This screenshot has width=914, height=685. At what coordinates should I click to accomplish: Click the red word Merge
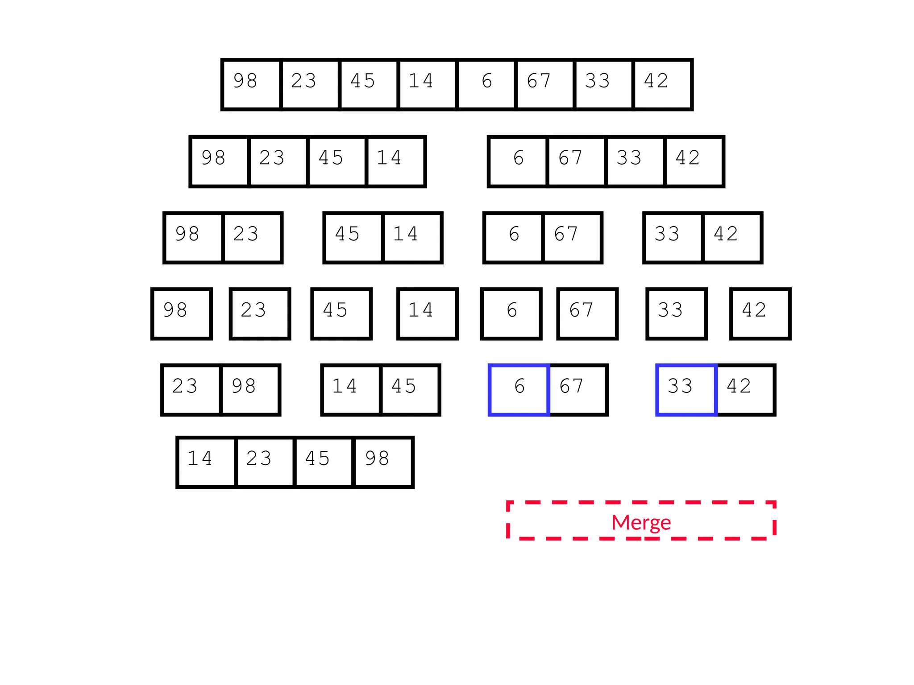tap(641, 522)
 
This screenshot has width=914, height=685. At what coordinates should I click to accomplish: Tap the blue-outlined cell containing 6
tap(519, 390)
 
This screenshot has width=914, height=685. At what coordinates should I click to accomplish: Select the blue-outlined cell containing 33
tap(686, 390)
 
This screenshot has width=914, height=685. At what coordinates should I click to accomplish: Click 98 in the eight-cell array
tap(251, 84)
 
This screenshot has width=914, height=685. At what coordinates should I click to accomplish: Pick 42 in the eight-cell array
tap(663, 84)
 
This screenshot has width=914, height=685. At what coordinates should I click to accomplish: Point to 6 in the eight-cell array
tap(486, 84)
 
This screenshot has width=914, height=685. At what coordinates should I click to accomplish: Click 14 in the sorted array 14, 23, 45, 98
tap(206, 462)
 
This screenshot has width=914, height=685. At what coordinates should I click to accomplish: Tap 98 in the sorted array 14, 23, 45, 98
tap(383, 462)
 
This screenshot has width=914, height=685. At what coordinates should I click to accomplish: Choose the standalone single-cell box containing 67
tap(587, 314)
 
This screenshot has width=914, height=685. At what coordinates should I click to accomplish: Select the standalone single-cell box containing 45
tap(341, 314)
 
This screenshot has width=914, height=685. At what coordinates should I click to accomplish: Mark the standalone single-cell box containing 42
tap(760, 314)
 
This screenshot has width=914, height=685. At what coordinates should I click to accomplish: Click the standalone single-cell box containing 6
tap(511, 314)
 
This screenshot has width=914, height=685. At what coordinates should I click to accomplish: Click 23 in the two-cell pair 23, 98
tap(191, 390)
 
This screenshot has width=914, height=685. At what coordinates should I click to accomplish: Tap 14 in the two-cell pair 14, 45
tap(351, 390)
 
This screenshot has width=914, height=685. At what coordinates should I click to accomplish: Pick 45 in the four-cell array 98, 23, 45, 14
tap(337, 161)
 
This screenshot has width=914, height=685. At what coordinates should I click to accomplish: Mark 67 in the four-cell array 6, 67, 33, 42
tap(576, 161)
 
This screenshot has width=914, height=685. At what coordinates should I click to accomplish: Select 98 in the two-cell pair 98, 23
tap(193, 238)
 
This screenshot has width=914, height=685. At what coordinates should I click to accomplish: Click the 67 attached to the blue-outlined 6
tap(578, 390)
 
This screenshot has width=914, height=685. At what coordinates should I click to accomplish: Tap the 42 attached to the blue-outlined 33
tap(745, 390)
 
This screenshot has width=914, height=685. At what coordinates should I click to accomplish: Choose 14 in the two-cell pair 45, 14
tap(412, 238)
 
